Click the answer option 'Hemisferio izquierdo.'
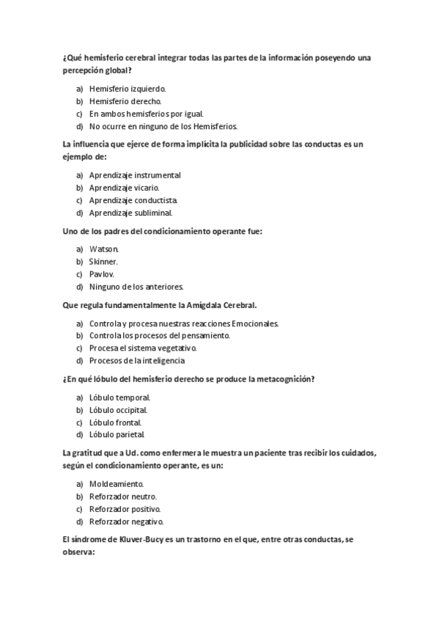(x=128, y=89)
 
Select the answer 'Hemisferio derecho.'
(x=125, y=101)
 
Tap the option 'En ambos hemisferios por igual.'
(x=147, y=114)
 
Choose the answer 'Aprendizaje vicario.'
(x=124, y=188)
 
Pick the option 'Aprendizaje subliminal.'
(x=130, y=213)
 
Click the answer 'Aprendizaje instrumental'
(x=135, y=175)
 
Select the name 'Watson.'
(x=104, y=249)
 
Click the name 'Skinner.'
(x=103, y=262)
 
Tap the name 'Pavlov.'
(x=102, y=274)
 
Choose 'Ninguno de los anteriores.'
(x=136, y=286)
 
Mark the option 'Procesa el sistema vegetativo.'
(x=143, y=348)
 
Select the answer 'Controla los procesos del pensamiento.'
(x=159, y=335)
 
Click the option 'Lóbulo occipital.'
(x=118, y=409)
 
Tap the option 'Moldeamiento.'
(x=117, y=484)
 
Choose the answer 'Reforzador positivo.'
(x=125, y=509)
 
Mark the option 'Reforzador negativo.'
(x=126, y=522)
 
